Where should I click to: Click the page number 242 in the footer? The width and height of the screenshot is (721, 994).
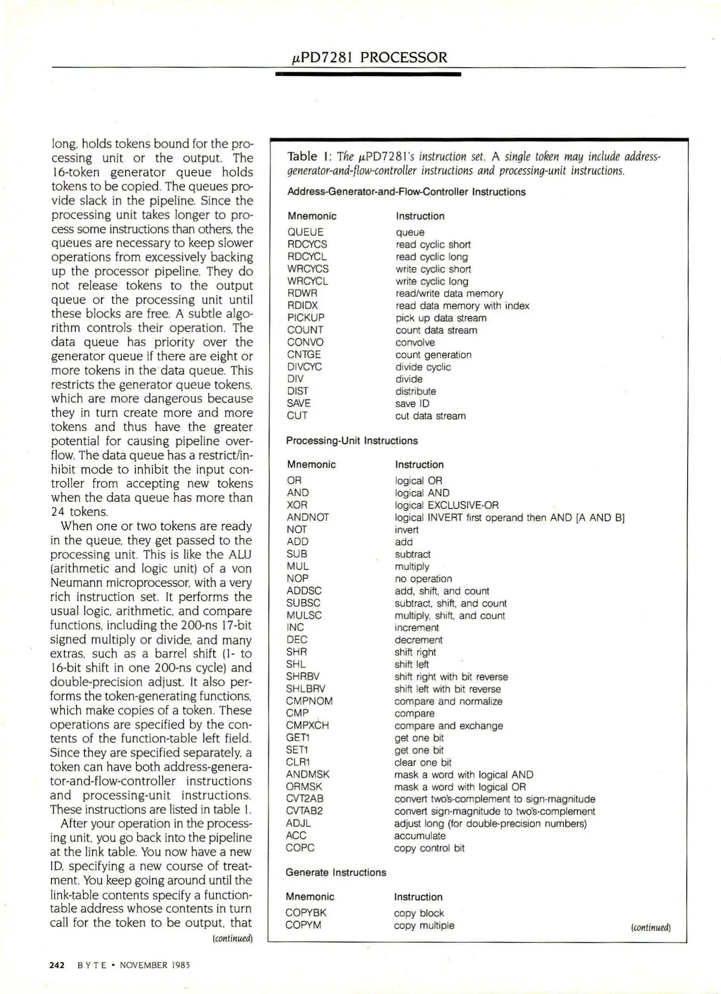(57, 965)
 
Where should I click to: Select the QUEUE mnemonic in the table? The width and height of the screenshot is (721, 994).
(305, 232)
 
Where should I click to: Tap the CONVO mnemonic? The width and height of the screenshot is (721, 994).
(305, 342)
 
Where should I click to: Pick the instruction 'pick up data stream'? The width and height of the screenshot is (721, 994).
(441, 318)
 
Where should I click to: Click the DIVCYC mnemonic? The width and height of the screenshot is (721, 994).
(304, 367)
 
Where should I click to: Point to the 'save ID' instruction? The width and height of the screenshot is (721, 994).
(412, 404)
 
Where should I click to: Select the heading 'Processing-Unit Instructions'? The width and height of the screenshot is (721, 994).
(352, 440)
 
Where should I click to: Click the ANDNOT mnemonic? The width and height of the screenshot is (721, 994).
(308, 517)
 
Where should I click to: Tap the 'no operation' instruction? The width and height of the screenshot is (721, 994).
(423, 578)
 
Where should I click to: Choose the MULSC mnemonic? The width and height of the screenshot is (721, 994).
(304, 615)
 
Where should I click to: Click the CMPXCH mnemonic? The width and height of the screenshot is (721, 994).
(307, 726)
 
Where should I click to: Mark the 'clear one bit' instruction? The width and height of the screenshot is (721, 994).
(423, 763)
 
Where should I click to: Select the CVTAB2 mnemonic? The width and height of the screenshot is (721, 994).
(304, 811)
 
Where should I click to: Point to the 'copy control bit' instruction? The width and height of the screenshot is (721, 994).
(429, 848)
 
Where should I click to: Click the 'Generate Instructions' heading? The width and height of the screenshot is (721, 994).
(336, 873)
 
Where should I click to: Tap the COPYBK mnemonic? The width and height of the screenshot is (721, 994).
(306, 913)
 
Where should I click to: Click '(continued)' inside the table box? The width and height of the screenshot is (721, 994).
(651, 928)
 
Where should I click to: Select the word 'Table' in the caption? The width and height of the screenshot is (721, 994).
(302, 156)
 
